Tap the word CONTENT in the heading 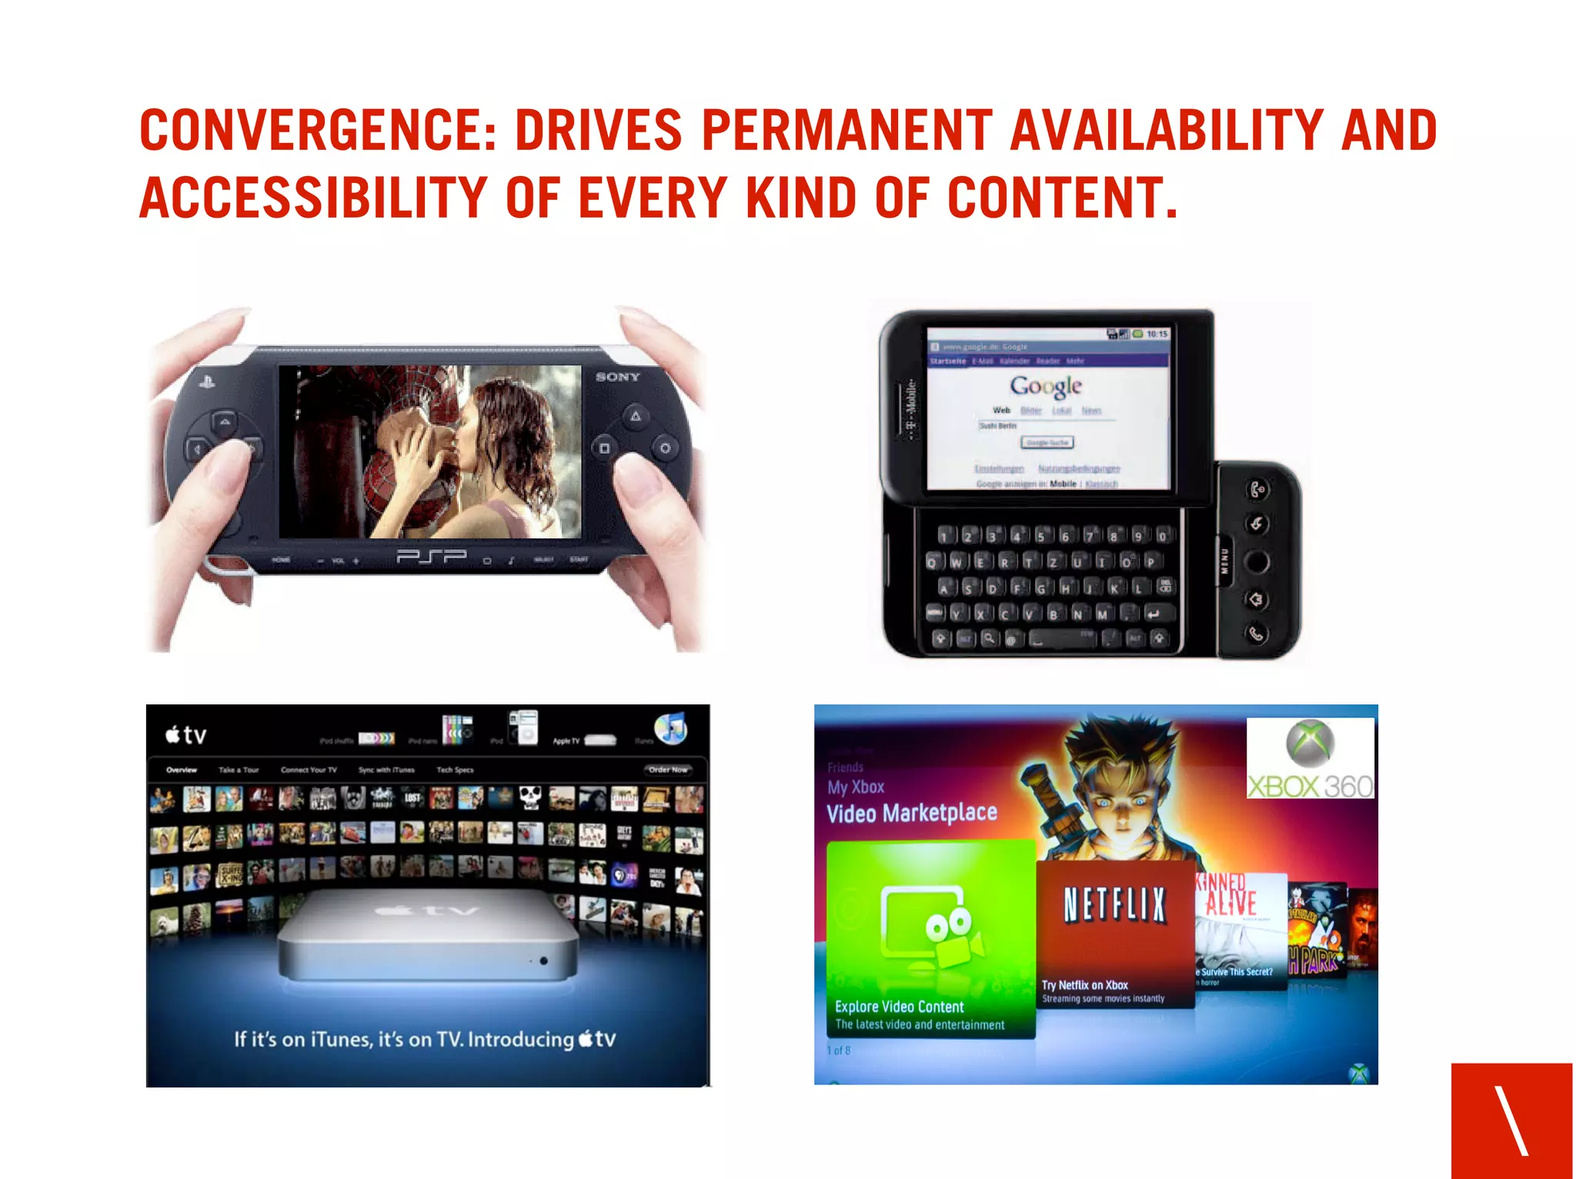[1061, 198]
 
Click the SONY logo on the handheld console [617, 377]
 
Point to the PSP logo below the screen [431, 556]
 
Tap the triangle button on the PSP [636, 416]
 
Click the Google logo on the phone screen [1046, 386]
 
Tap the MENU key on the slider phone [1225, 561]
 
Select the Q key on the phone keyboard [932, 561]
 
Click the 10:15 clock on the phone [1157, 334]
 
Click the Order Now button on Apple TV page [667, 769]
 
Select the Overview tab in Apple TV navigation [182, 769]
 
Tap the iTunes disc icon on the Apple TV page [670, 728]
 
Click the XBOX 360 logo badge [1310, 758]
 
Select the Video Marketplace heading [911, 813]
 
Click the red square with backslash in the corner [1511, 1120]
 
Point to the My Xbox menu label [856, 787]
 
